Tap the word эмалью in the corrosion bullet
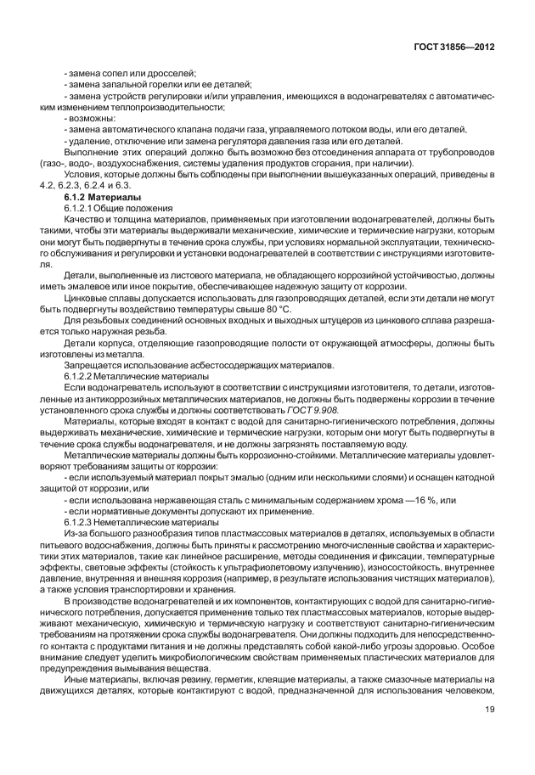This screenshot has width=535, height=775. pos(248,477)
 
